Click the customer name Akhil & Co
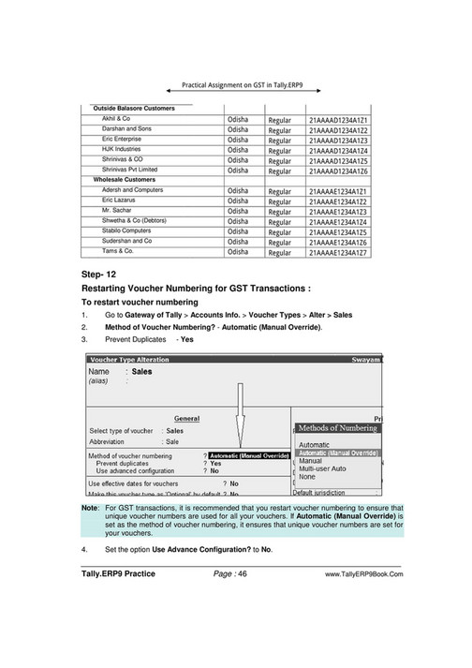pos(116,120)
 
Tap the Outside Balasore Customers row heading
pos(134,109)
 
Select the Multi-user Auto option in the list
pos(322,468)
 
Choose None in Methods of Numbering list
pos(307,477)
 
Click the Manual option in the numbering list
pos(310,461)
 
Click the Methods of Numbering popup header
pos(337,427)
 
